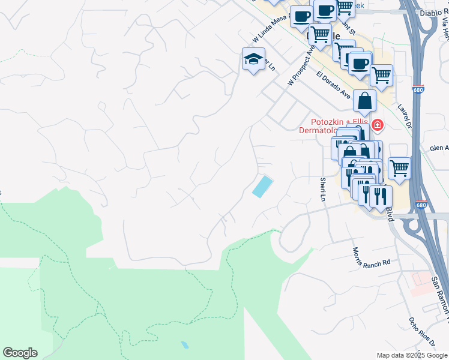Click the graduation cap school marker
pos(253,59)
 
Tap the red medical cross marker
pos(378,125)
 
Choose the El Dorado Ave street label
pos(333,85)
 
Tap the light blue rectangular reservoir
pos(262,186)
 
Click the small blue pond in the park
pos(184,345)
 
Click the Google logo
pos(20,353)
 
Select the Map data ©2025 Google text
pos(412,355)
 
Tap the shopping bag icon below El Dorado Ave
pos(364,101)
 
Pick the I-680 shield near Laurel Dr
pos(419,89)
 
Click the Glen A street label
pos(439,148)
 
